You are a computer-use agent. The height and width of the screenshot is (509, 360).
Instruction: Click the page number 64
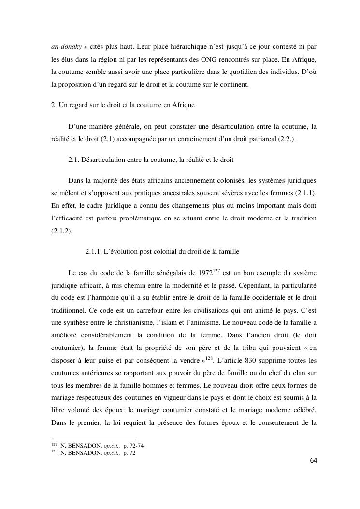[x=314, y=460]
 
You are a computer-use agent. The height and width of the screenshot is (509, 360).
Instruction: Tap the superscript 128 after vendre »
[x=209, y=358]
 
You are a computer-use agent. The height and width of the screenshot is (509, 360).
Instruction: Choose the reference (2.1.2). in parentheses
[x=61, y=231]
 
